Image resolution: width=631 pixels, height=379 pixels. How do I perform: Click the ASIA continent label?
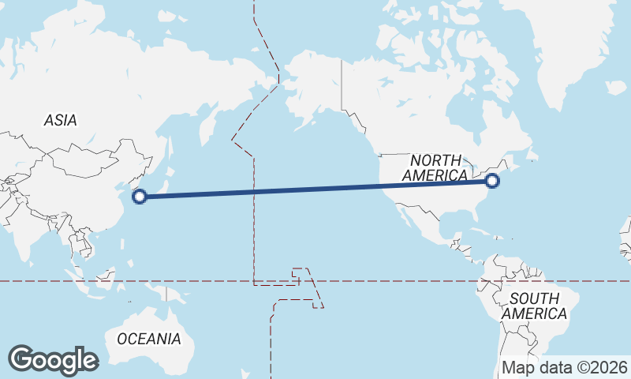pos(61,121)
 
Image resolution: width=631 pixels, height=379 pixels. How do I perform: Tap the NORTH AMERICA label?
pos(435,168)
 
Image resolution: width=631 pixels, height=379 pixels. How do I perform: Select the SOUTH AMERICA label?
pos(534,306)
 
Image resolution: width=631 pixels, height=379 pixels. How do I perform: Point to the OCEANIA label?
pos(149,339)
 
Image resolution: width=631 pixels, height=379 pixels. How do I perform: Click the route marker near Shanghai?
pos(139,197)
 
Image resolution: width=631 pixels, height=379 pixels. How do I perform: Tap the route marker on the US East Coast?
pos(493,181)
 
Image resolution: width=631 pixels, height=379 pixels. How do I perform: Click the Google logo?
pos(53,360)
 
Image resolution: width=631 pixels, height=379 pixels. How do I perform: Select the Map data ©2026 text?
pos(565,367)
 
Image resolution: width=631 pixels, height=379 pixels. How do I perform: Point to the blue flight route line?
pos(315,189)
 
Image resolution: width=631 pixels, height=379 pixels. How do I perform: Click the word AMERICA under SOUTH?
pos(534,313)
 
